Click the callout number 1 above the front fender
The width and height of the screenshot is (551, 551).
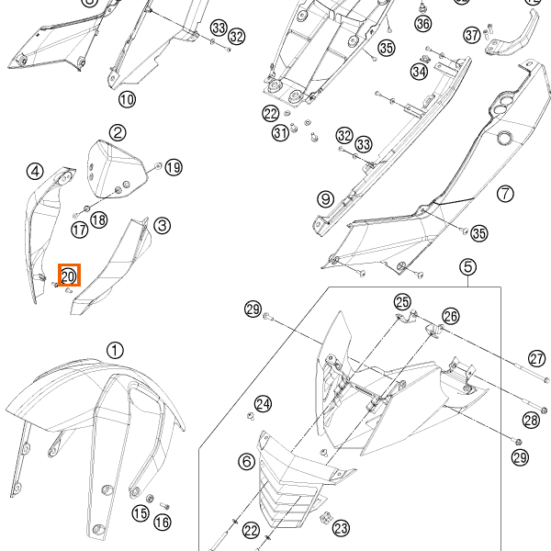[x=114, y=350]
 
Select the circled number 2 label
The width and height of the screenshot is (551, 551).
[x=118, y=134]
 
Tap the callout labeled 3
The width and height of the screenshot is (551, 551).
[x=161, y=224]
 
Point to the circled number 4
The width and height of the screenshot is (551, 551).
[x=35, y=171]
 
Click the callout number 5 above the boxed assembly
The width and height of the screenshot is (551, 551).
[x=468, y=267]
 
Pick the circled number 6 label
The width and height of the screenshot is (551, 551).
[x=247, y=461]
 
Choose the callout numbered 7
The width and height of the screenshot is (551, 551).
[x=505, y=193]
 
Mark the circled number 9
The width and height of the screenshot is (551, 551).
[x=325, y=198]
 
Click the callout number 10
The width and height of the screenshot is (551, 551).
[x=127, y=98]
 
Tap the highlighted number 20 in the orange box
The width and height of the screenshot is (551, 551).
[x=69, y=275]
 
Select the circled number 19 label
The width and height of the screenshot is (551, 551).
[x=174, y=166]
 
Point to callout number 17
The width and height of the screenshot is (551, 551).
[x=80, y=230]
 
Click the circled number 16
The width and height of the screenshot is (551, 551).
[x=162, y=522]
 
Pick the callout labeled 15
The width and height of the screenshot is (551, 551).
[x=140, y=513]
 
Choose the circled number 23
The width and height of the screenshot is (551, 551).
[x=341, y=528]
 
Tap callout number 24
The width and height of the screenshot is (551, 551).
[x=264, y=404]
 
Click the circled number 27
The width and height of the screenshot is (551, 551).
[x=537, y=358]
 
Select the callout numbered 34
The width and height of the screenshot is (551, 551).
[x=420, y=71]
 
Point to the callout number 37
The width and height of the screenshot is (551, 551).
[x=472, y=35]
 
